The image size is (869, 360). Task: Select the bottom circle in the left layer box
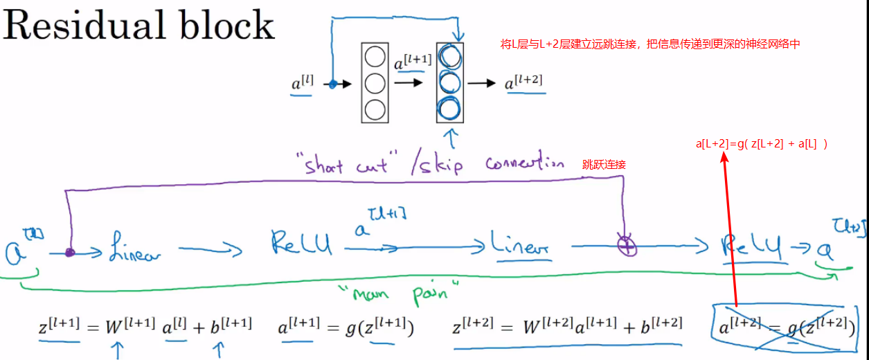[x=375, y=109]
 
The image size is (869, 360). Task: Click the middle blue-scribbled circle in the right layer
[x=449, y=82]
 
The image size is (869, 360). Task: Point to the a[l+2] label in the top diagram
[x=523, y=82]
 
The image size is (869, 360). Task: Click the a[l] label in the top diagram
[x=303, y=84]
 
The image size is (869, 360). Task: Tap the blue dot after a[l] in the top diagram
[x=332, y=84]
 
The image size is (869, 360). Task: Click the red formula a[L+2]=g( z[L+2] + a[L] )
[x=762, y=145]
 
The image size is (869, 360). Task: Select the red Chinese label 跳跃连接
[x=604, y=164]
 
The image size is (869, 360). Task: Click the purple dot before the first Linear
[x=69, y=253]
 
